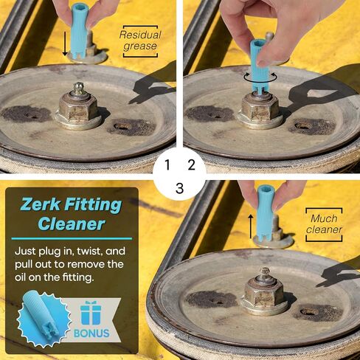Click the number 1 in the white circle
(x=167, y=165)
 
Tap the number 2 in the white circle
(x=191, y=165)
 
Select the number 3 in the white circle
(x=180, y=188)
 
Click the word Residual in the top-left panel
(x=140, y=35)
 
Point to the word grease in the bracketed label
(x=140, y=46)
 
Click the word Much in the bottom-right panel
(x=324, y=218)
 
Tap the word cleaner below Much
(x=324, y=229)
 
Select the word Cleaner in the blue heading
(x=72, y=224)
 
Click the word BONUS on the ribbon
(x=91, y=333)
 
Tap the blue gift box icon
(x=90, y=313)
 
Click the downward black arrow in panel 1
(x=65, y=44)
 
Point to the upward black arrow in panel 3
(x=250, y=226)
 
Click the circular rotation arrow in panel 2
(x=260, y=77)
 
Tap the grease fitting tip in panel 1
(x=79, y=89)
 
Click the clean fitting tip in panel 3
(x=265, y=273)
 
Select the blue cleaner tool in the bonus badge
(x=41, y=316)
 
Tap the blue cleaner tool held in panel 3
(x=266, y=212)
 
